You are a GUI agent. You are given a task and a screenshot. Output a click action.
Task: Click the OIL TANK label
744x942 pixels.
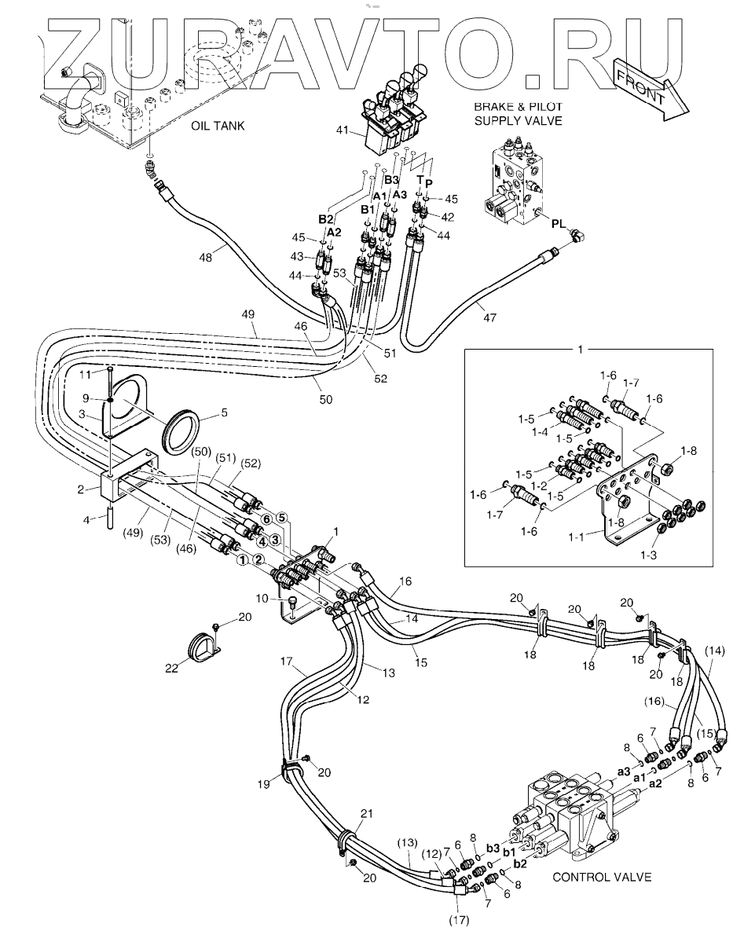pos(218,126)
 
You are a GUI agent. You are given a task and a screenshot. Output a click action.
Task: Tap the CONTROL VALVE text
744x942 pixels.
pos(602,877)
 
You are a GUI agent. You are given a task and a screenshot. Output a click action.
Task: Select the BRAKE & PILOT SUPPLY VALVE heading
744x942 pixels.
pos(518,114)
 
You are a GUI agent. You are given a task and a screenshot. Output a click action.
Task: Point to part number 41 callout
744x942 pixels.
pos(343,129)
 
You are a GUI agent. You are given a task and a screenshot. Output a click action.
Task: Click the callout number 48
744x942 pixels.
pos(206,258)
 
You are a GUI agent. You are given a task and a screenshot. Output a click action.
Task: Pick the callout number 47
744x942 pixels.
pos(489,317)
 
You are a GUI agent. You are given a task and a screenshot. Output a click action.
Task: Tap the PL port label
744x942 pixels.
pos(559,223)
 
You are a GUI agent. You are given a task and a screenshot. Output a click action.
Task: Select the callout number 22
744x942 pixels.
pos(172,668)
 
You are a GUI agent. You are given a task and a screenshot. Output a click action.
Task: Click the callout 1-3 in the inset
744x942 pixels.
pos(648,555)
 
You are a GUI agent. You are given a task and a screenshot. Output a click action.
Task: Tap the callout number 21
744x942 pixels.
pos(367,813)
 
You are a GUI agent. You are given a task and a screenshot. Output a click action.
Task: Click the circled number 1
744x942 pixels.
pos(242,560)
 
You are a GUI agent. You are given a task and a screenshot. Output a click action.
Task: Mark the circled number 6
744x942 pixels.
pos(266,519)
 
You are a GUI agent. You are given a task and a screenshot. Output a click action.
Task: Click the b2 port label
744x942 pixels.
pos(520,864)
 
